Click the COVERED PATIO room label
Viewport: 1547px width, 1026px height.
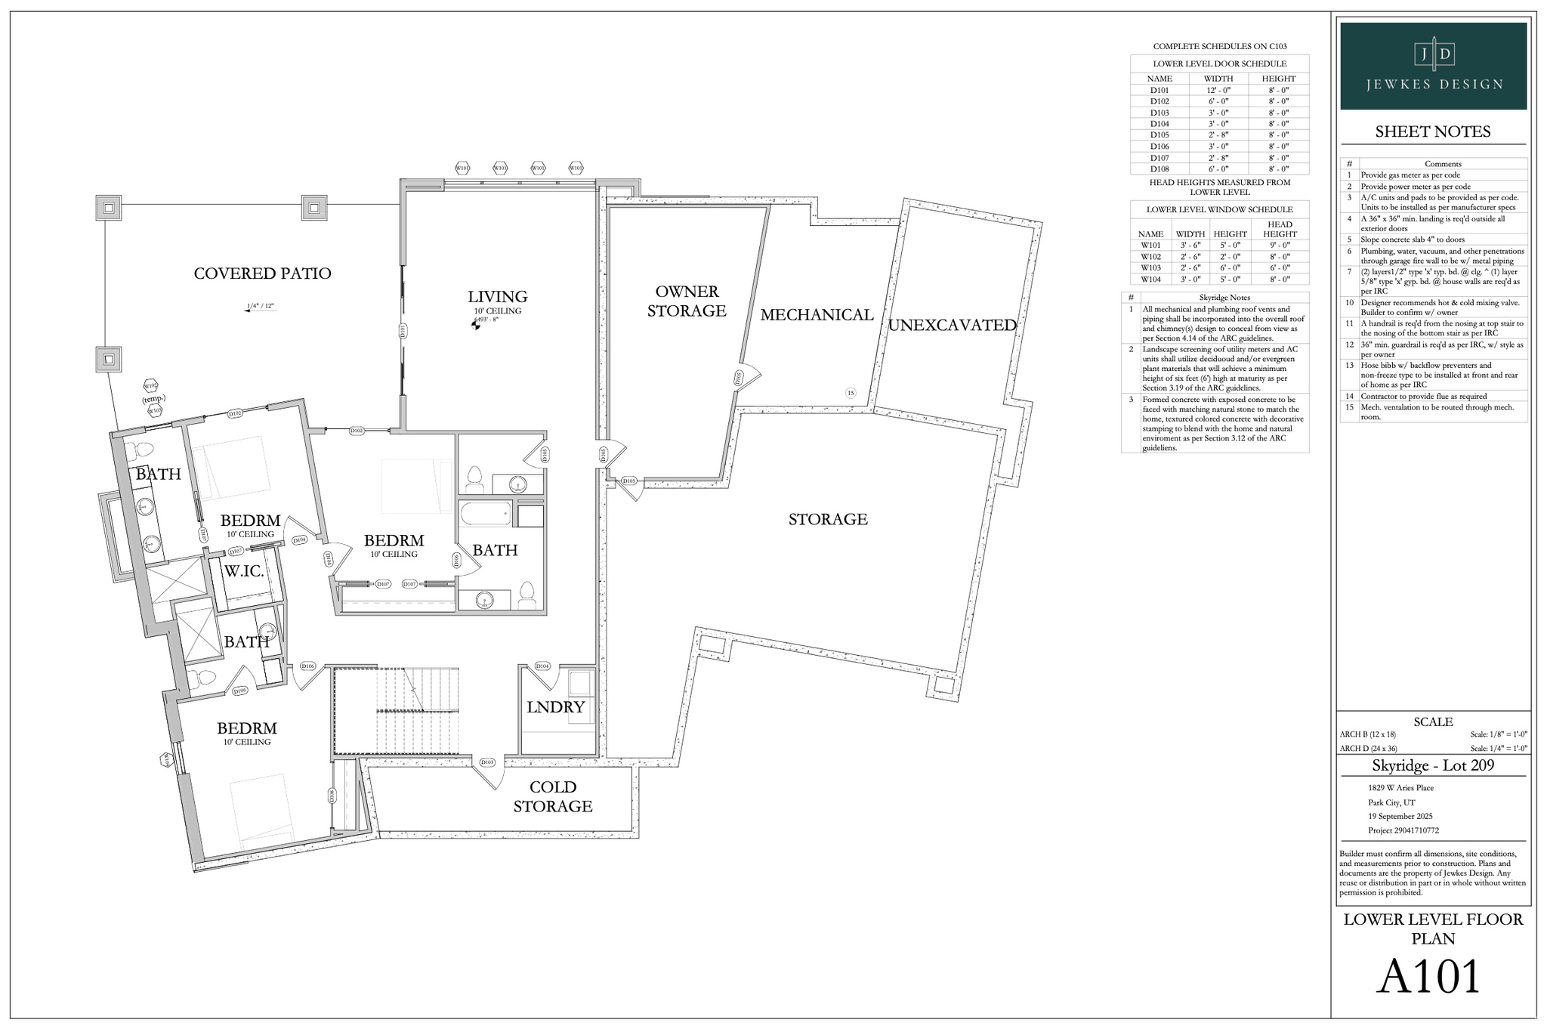tap(262, 273)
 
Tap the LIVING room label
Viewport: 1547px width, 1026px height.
tap(497, 297)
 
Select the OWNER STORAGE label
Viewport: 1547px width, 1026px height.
tap(687, 301)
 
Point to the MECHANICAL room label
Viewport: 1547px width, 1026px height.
tap(817, 315)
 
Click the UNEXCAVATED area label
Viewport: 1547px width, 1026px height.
tap(952, 326)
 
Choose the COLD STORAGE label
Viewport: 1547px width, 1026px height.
tap(552, 796)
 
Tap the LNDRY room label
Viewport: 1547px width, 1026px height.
tap(555, 707)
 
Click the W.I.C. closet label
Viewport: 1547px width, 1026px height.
tap(243, 572)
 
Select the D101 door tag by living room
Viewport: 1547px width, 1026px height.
tap(403, 330)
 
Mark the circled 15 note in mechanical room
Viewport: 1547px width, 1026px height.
tap(851, 393)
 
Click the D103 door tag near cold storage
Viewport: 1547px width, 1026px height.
tap(487, 762)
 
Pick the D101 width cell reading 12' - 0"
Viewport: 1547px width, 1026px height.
tap(1218, 90)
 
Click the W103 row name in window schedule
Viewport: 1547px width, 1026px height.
tap(1150, 267)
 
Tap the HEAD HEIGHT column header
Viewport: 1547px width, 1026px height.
tap(1279, 229)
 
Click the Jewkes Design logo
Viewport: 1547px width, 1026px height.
tap(1433, 66)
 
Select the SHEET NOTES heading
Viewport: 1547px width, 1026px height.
tap(1432, 131)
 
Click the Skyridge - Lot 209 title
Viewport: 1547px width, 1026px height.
tap(1432, 765)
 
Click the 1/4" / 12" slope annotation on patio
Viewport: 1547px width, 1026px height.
tap(260, 307)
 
